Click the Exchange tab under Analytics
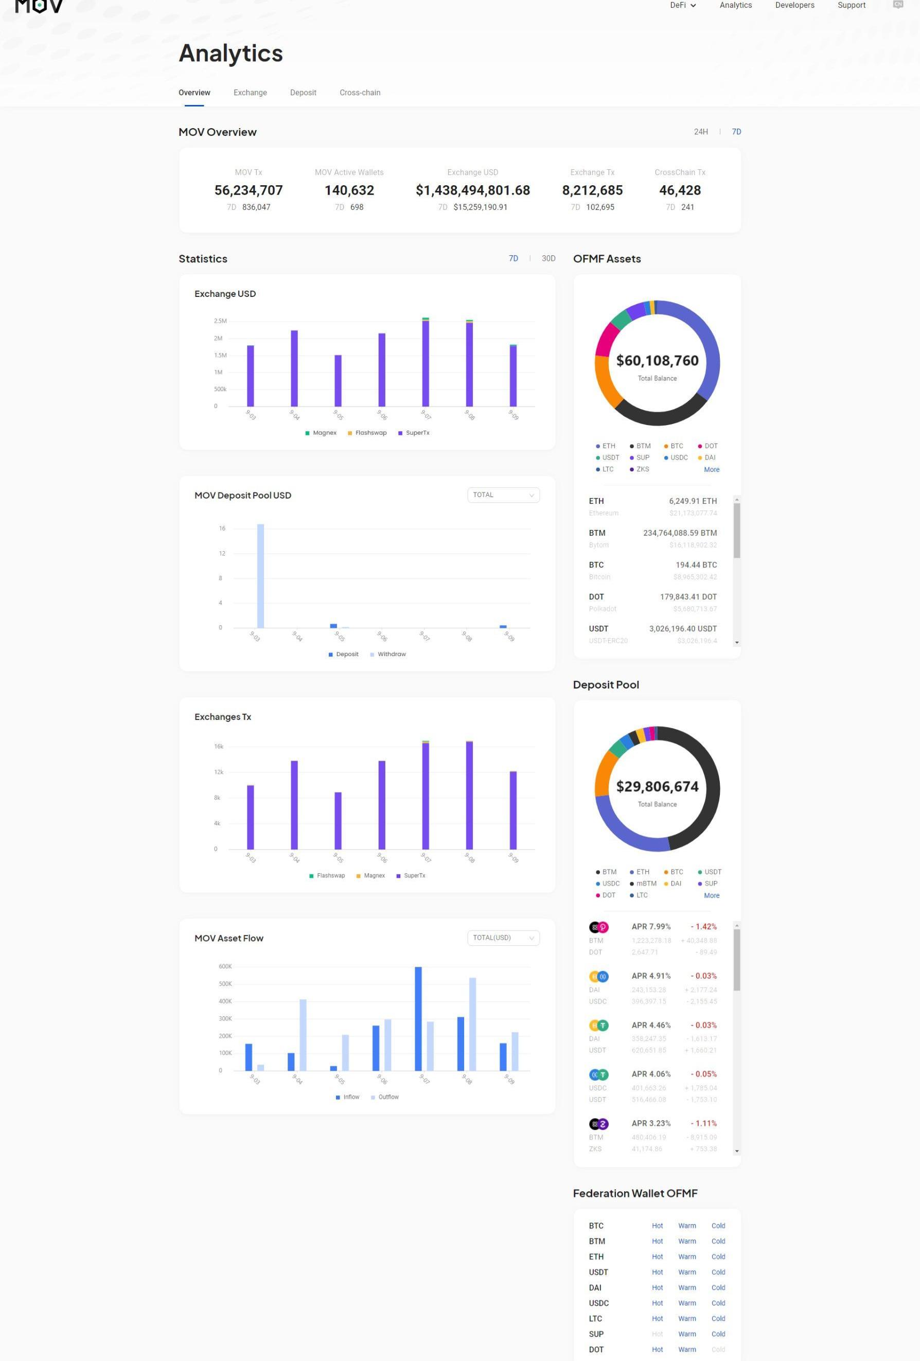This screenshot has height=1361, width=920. click(250, 93)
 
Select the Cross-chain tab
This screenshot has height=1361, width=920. click(360, 93)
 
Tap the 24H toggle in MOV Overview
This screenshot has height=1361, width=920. click(700, 132)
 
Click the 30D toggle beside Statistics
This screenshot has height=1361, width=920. click(548, 258)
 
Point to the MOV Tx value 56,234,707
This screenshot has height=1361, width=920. click(249, 190)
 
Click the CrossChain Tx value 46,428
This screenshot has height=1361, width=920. click(679, 190)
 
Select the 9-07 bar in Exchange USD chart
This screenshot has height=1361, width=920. click(426, 363)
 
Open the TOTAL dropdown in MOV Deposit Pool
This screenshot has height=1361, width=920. click(503, 495)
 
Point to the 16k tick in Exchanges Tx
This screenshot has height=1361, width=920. click(219, 746)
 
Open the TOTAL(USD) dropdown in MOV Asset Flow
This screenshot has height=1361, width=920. click(503, 938)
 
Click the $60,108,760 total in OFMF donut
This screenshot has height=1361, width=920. click(657, 361)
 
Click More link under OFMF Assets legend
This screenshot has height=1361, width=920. click(712, 470)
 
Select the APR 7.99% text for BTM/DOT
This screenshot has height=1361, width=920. click(650, 927)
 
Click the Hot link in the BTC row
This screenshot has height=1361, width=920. click(657, 1226)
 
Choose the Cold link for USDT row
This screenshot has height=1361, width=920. click(718, 1272)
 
